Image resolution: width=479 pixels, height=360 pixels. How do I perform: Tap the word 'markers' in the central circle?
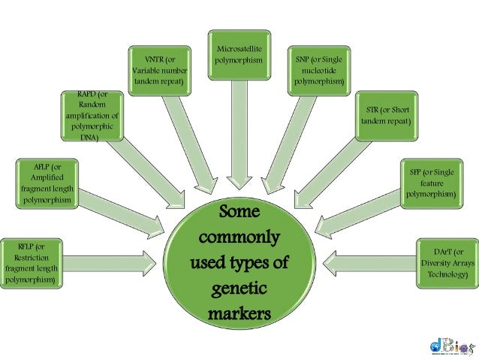(239, 313)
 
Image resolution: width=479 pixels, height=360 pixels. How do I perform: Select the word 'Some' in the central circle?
(239, 213)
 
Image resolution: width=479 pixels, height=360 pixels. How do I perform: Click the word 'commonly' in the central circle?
(239, 238)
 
